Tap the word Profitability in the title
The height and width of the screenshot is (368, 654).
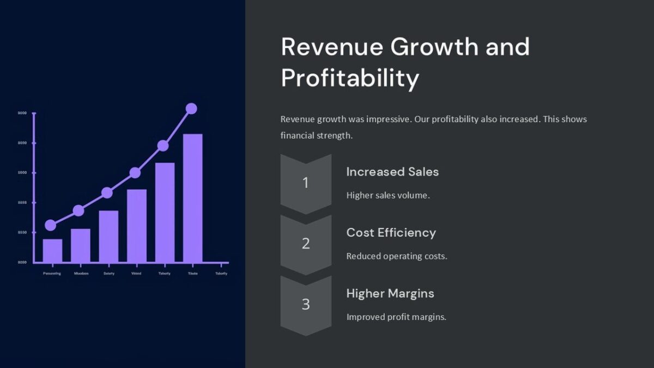(350, 78)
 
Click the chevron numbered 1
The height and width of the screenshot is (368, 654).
(306, 183)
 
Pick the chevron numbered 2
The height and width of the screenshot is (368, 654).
(306, 244)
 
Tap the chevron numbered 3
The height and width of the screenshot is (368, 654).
(306, 304)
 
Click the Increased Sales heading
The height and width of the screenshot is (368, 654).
(392, 172)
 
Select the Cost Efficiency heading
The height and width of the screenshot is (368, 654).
(391, 233)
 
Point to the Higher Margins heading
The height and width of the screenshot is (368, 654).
(390, 293)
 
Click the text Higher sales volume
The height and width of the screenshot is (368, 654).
(388, 195)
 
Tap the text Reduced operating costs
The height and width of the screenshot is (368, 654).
(397, 256)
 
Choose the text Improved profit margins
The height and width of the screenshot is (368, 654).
(396, 317)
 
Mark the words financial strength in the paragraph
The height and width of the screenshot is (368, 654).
(316, 135)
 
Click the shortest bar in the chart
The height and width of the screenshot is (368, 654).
(52, 250)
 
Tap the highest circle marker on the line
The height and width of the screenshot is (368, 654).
(191, 108)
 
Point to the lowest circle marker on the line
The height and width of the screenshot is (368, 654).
(50, 225)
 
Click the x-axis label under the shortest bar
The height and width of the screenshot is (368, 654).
(52, 273)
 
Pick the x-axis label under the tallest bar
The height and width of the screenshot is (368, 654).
(192, 273)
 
